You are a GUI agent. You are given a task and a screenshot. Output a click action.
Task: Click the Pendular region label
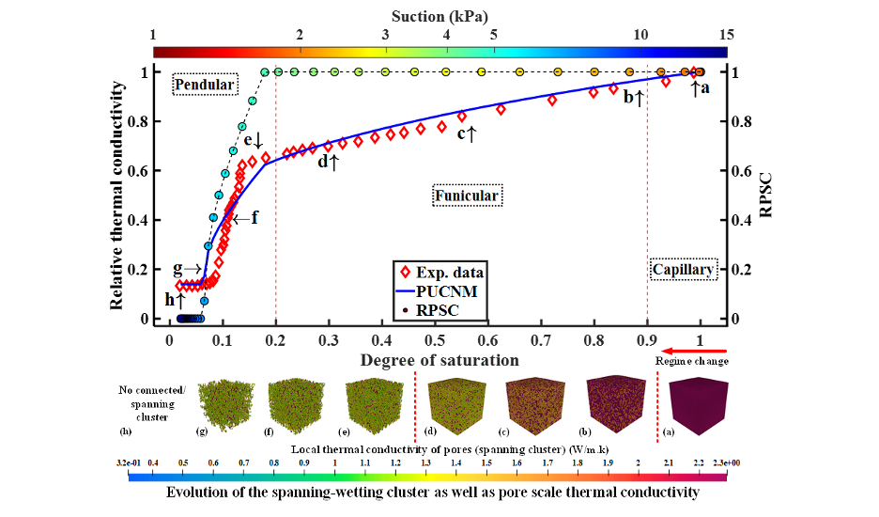coord(204,86)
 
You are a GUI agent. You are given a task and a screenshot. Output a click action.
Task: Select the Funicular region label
coord(467,196)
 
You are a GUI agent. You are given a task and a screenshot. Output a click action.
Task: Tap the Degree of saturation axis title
coord(439,360)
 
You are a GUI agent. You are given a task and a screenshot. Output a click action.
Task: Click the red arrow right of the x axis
coord(694,352)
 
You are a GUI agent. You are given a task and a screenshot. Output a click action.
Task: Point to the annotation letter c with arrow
coord(467,134)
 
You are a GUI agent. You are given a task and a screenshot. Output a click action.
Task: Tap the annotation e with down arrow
coord(254,141)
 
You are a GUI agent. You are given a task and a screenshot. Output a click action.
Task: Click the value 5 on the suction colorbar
coord(493,35)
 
